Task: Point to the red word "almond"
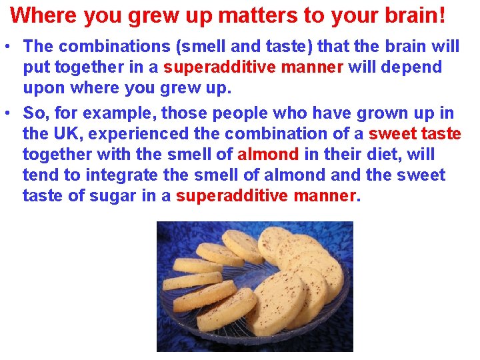coord(268,155)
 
